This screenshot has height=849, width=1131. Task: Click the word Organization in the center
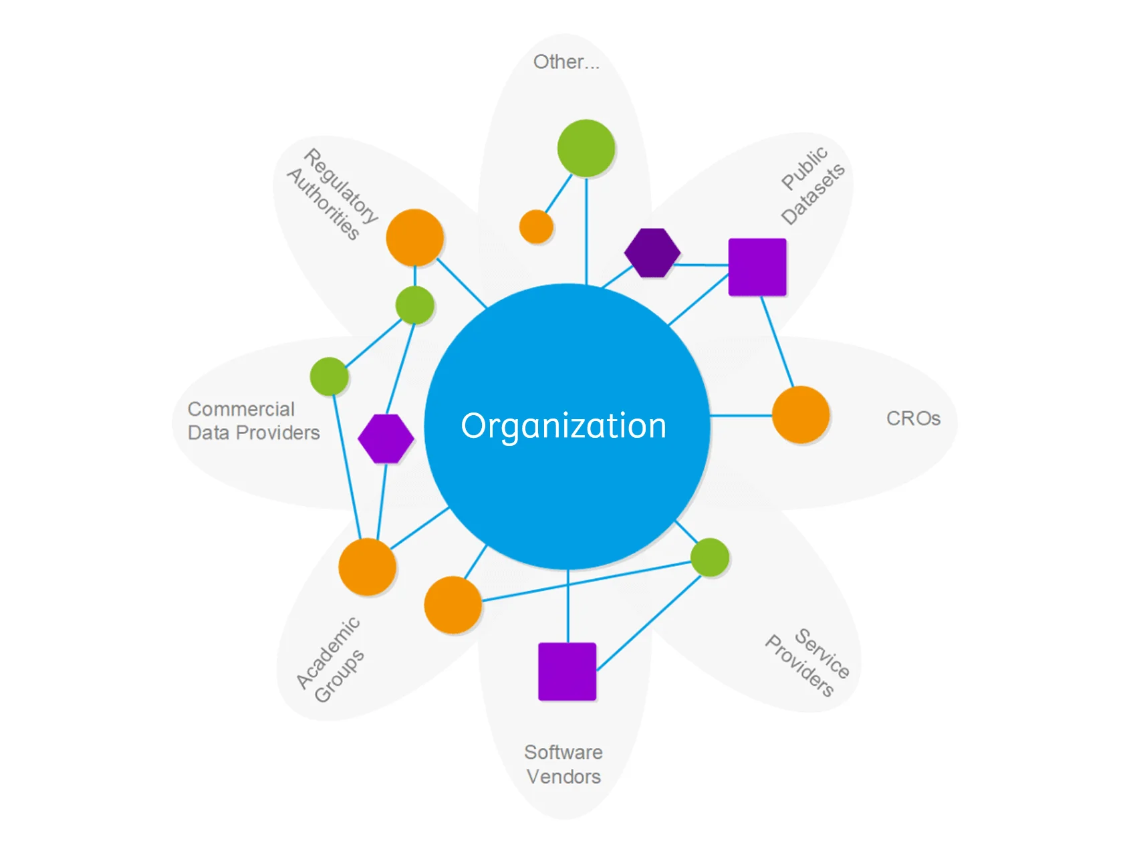563,426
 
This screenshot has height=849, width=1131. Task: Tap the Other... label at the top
566,62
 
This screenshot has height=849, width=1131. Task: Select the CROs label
913,418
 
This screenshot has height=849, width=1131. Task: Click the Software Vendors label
563,764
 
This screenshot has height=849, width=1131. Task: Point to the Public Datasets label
812,185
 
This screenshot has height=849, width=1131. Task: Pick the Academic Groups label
330,660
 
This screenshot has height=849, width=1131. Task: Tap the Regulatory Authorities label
332,194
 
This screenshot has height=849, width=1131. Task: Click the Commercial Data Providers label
253,420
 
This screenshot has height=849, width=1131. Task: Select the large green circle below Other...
586,148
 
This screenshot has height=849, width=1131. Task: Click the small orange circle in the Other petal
536,227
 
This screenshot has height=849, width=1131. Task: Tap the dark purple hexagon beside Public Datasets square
652,253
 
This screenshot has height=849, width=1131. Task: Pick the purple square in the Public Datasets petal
757,267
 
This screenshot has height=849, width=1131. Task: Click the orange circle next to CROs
801,414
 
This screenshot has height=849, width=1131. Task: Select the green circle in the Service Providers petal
710,557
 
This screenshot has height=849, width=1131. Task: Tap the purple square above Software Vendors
568,671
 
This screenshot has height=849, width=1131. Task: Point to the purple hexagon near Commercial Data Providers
386,439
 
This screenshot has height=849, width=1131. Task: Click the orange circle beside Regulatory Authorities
415,238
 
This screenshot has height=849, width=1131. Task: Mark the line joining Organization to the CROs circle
741,416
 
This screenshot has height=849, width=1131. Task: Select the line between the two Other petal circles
559,195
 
